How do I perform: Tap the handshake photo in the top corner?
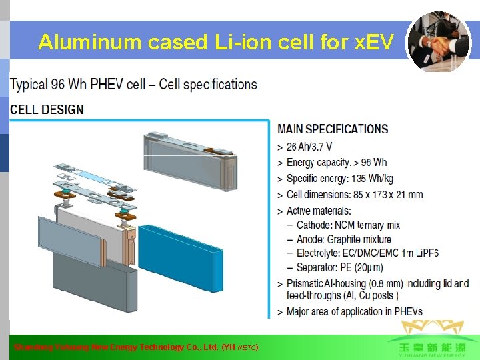point(438,41)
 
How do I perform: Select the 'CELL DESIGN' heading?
point(47,109)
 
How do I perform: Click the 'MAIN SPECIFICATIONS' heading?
point(333,129)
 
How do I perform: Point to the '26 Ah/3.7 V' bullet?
point(309,147)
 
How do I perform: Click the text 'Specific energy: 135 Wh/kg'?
point(340,179)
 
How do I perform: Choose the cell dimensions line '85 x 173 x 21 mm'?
point(355,195)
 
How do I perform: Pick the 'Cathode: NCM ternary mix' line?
point(357,225)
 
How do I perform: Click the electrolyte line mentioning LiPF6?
point(367,253)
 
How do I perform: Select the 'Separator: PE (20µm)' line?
point(339,267)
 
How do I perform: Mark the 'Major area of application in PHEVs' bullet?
point(354,311)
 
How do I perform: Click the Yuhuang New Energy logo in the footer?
point(427,340)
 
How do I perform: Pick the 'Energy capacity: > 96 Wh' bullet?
point(337,163)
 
